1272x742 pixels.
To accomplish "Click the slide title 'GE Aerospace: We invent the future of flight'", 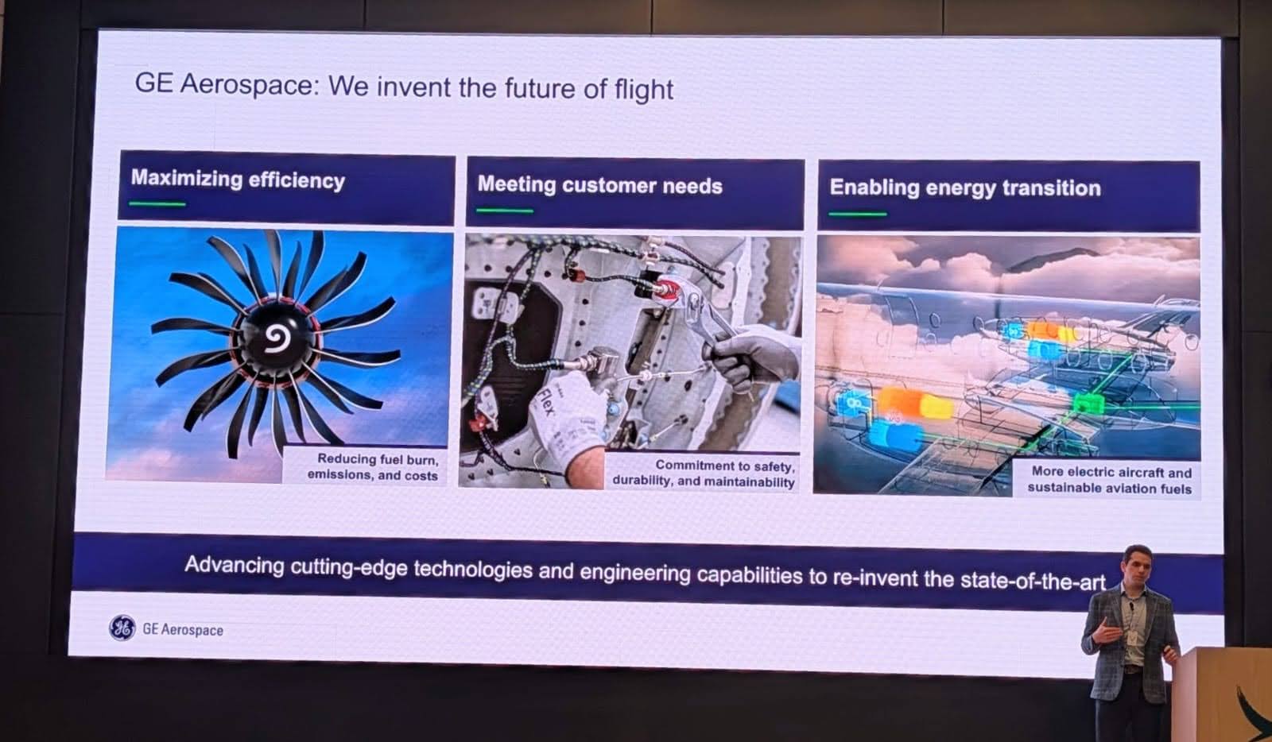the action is point(404,87).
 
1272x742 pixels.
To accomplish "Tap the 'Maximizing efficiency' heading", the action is point(238,180).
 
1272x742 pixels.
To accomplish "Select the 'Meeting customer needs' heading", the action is point(599,186).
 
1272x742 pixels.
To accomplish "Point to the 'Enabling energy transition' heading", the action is point(965,187).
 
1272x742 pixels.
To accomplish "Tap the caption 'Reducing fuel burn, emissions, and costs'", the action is point(373,467).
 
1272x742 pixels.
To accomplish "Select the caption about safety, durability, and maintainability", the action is point(704,473).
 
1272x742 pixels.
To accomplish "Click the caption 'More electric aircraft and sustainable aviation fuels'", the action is point(1110,480).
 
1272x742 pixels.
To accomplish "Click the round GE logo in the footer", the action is point(122,628).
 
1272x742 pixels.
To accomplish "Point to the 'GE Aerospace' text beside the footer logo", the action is point(183,630).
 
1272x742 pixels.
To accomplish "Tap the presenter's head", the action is point(1137,564).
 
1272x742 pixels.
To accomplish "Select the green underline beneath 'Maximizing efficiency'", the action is point(157,203).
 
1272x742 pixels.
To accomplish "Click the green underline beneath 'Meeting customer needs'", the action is point(505,211).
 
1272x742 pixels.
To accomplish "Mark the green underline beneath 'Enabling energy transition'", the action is point(858,214).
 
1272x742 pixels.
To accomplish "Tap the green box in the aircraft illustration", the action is point(1089,404).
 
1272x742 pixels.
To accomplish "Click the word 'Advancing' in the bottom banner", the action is point(235,566).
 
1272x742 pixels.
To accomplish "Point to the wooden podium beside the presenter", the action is point(1222,695).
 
